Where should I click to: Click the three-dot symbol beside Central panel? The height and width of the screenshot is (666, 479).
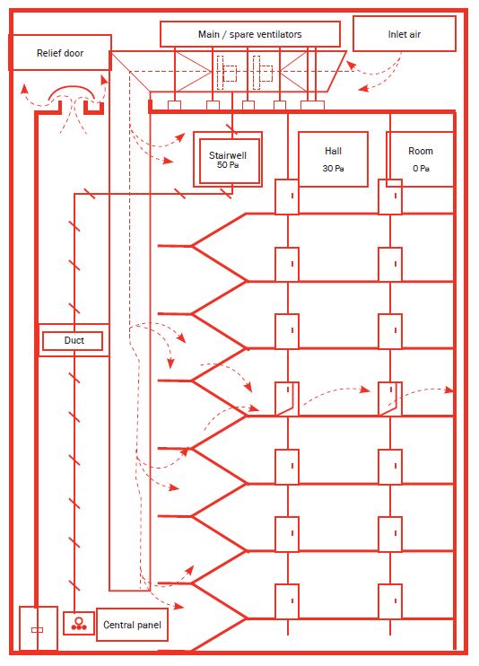pos(79,624)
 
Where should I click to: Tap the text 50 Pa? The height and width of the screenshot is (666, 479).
pos(228,165)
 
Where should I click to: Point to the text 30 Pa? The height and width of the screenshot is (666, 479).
pos(333,168)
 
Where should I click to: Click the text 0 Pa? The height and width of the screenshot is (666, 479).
pos(421,168)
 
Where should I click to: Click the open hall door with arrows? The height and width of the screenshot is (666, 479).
pos(287,399)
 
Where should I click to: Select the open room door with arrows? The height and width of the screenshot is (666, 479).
pos(390,399)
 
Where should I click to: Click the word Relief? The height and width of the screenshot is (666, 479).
pos(48,53)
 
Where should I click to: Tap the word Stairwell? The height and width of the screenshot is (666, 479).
pos(228,155)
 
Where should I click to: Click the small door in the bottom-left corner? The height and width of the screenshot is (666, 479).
pos(39,628)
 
